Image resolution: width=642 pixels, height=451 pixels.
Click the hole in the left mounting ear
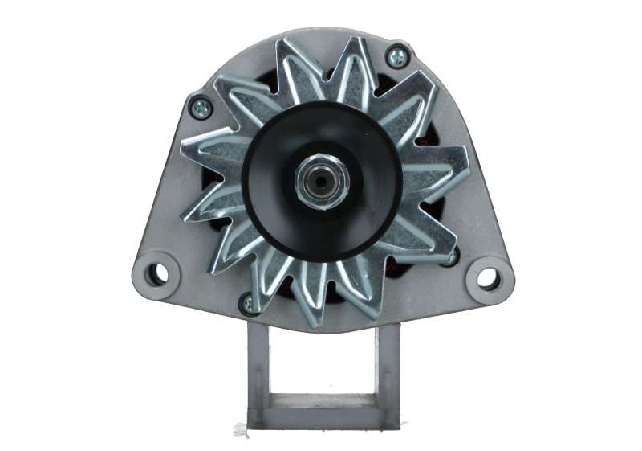156,271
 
